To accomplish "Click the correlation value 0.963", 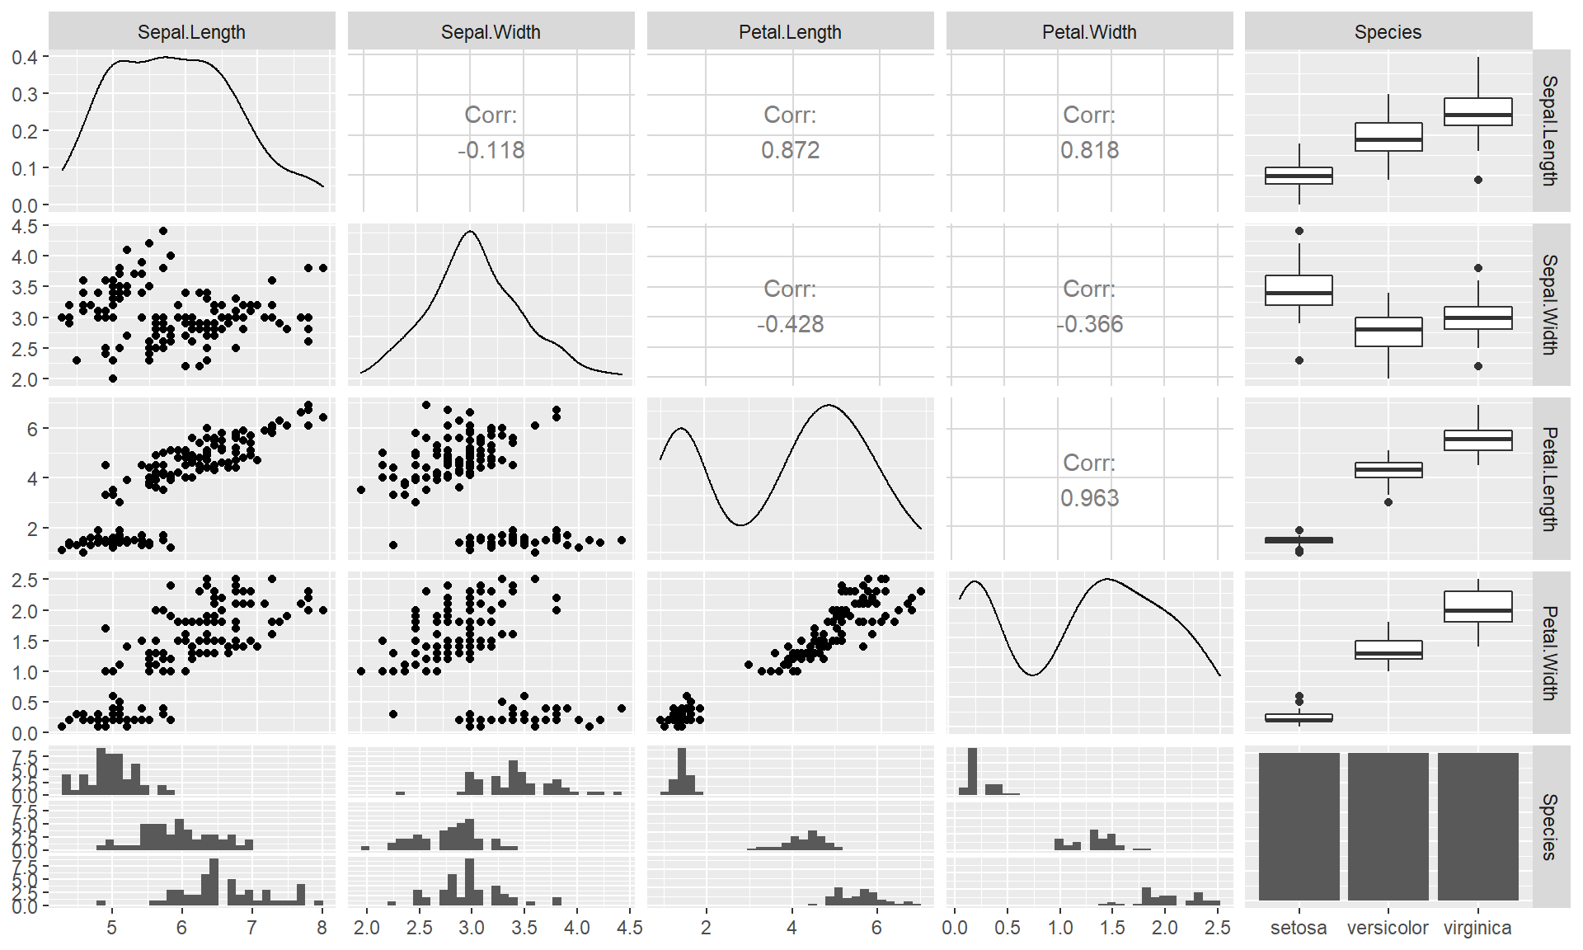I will pyautogui.click(x=1089, y=498).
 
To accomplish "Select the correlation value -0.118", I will pyautogui.click(x=491, y=150).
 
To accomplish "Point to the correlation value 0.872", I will pyautogui.click(x=790, y=150).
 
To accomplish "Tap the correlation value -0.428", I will pyautogui.click(x=790, y=324).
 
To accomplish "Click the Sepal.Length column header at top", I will pyautogui.click(x=191, y=32).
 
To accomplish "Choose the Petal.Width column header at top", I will pyautogui.click(x=1089, y=32).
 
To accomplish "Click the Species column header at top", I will pyautogui.click(x=1388, y=32).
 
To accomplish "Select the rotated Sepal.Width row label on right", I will pyautogui.click(x=1550, y=304).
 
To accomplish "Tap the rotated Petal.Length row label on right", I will pyautogui.click(x=1550, y=478).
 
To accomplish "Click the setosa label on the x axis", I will pyautogui.click(x=1299, y=928).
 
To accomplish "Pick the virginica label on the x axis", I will pyautogui.click(x=1477, y=928).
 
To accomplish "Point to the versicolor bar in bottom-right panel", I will pyautogui.click(x=1388, y=825).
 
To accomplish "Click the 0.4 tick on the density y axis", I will pyautogui.click(x=25, y=57).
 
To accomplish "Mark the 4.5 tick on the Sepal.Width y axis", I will pyautogui.click(x=25, y=226).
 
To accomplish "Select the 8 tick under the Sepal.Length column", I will pyautogui.click(x=322, y=928).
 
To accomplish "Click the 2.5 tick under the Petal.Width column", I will pyautogui.click(x=1217, y=928).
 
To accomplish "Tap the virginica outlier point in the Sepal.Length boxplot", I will pyautogui.click(x=1478, y=180).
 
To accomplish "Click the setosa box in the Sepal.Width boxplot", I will pyautogui.click(x=1299, y=290).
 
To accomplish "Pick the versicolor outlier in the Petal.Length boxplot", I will pyautogui.click(x=1388, y=502).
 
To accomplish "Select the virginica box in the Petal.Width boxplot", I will pyautogui.click(x=1478, y=606).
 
